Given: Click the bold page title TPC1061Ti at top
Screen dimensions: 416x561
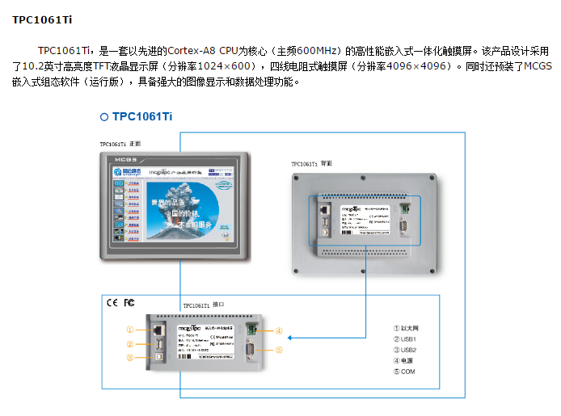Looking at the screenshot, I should (40, 19).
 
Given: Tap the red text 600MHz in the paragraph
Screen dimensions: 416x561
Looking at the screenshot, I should (310, 50).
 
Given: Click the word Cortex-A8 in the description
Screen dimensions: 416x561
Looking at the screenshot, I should (183, 50).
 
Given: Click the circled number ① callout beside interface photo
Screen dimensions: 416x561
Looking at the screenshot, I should (129, 330).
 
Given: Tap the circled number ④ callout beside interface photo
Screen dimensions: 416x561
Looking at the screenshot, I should (278, 330).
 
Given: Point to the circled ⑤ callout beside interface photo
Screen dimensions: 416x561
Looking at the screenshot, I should (278, 350).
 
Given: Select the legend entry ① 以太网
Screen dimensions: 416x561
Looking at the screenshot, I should (409, 329).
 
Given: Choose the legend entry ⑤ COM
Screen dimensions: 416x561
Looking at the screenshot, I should (404, 372).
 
